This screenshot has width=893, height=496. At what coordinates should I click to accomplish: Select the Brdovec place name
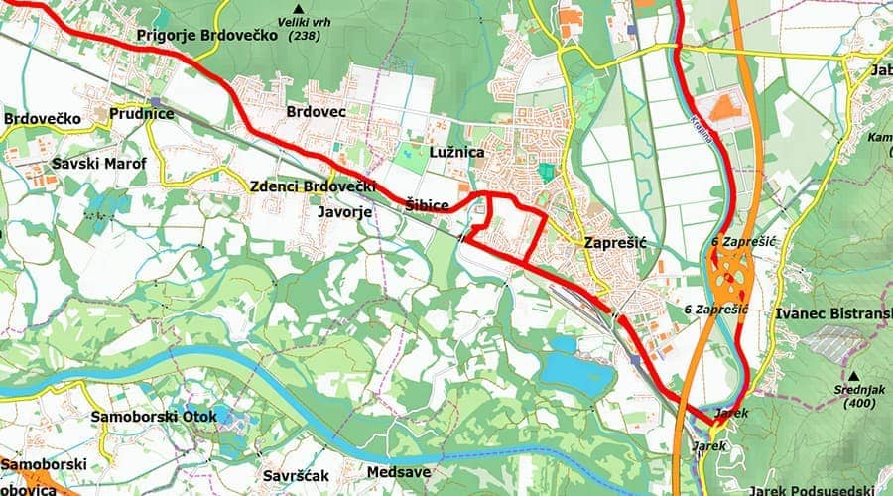tap(316, 112)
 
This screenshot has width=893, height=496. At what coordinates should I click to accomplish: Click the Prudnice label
tap(142, 114)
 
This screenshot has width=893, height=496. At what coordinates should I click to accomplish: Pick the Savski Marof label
tap(100, 163)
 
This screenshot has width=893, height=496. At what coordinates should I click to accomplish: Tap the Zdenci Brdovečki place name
tap(314, 187)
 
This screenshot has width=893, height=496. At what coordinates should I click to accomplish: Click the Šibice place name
tap(428, 205)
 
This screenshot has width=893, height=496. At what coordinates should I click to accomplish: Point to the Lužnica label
tap(457, 153)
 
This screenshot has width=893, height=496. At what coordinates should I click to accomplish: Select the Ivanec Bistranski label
tap(832, 313)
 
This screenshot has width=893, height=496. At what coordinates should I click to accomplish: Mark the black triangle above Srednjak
tap(852, 375)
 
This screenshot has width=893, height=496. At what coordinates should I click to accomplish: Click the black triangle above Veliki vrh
tap(295, 8)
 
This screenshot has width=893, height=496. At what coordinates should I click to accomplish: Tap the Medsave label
tap(399, 472)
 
